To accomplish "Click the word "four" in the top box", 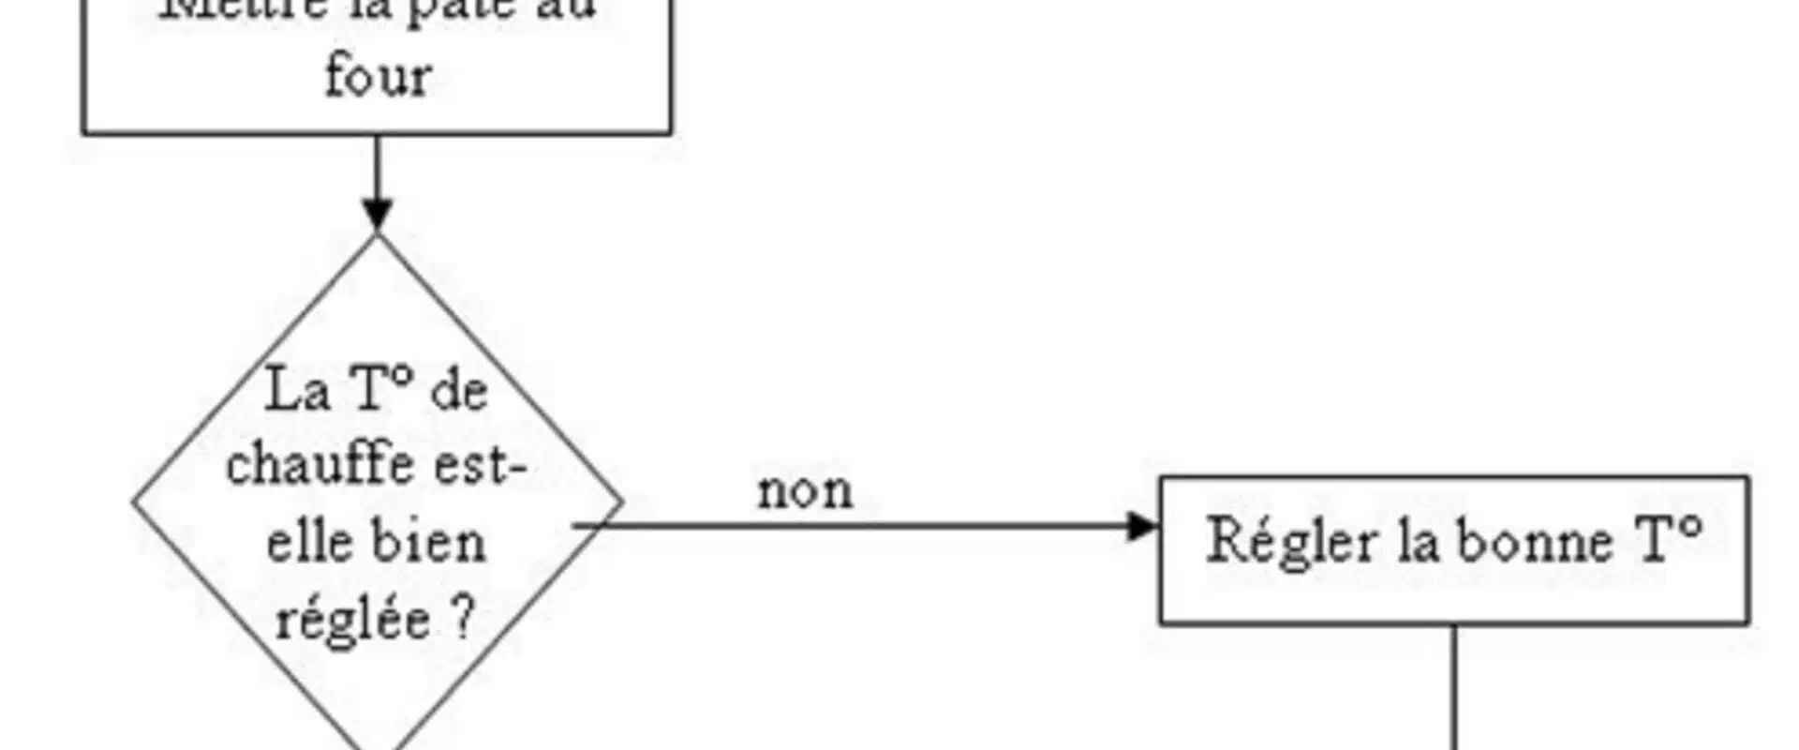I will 378,75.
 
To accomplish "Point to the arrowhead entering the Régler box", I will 1143,526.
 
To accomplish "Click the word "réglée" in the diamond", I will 352,620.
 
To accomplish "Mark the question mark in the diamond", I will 465,620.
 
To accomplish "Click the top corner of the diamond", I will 378,235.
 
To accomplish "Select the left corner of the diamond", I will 135,502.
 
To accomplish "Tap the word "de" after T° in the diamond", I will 459,389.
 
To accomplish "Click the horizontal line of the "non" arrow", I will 843,526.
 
